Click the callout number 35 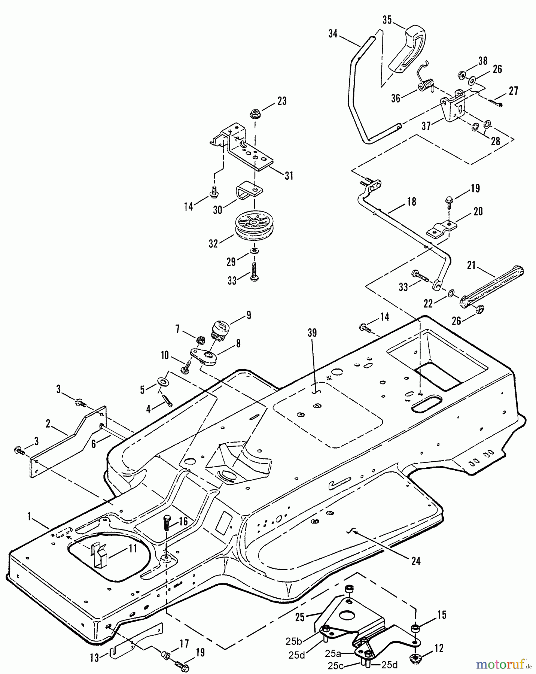[x=387, y=20]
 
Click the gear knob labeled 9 [x=221, y=328]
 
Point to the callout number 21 [x=471, y=265]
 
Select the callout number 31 [x=289, y=175]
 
